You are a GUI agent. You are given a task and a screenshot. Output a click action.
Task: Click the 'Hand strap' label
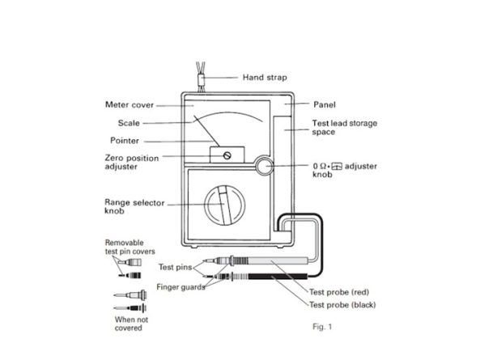(x=265, y=78)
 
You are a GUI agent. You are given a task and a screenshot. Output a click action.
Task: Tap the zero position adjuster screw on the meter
(x=227, y=155)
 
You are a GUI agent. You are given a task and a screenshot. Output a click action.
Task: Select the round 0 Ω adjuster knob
(x=263, y=166)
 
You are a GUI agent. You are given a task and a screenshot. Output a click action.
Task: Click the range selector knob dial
(x=225, y=205)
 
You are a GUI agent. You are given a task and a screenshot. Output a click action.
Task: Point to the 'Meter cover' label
(x=130, y=105)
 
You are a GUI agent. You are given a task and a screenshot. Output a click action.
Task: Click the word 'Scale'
(x=129, y=123)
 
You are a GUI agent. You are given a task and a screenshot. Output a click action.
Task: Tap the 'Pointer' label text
(x=125, y=141)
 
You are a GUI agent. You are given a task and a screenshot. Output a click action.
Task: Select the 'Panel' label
(x=325, y=105)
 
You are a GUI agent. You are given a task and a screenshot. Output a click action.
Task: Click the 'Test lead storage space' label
(x=344, y=128)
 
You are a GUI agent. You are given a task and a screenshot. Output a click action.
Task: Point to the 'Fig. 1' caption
(x=322, y=327)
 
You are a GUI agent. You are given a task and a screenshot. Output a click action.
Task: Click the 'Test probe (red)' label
(x=339, y=292)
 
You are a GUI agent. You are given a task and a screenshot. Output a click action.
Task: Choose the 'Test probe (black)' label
(x=342, y=305)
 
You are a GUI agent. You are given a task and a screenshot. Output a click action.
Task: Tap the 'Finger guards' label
(x=181, y=287)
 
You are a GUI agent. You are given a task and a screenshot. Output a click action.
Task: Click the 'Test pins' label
(x=175, y=267)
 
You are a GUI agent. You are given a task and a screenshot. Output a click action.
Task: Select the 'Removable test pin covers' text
(x=130, y=247)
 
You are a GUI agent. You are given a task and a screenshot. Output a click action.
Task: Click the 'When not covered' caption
(x=131, y=324)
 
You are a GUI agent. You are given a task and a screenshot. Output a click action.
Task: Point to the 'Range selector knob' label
(x=134, y=207)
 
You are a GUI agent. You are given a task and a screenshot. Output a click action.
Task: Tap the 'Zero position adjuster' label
(x=132, y=163)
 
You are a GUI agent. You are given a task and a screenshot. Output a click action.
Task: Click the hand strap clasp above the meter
(x=201, y=80)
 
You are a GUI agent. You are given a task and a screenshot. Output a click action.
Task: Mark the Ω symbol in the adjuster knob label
(x=323, y=167)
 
